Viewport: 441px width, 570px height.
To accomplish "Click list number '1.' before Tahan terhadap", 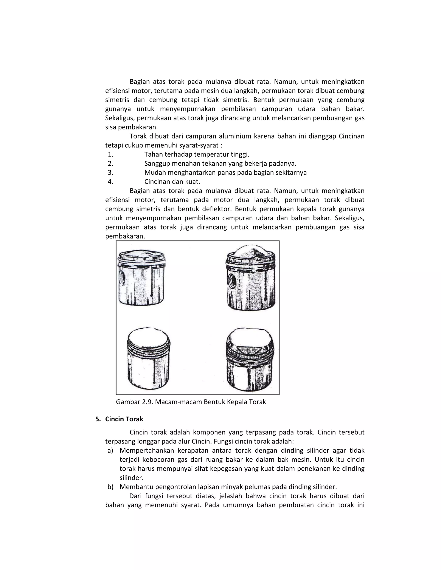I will coord(110,154).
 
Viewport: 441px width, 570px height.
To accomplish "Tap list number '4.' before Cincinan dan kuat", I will coord(110,182).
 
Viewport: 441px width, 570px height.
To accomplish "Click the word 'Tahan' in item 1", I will coord(153,154).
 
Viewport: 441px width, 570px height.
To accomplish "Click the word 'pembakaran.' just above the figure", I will coord(125,236).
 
